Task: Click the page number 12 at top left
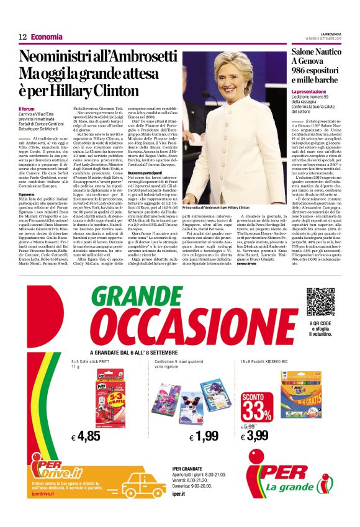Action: tap(22, 37)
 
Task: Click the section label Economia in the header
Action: tap(47, 37)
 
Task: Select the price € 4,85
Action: tap(86, 436)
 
